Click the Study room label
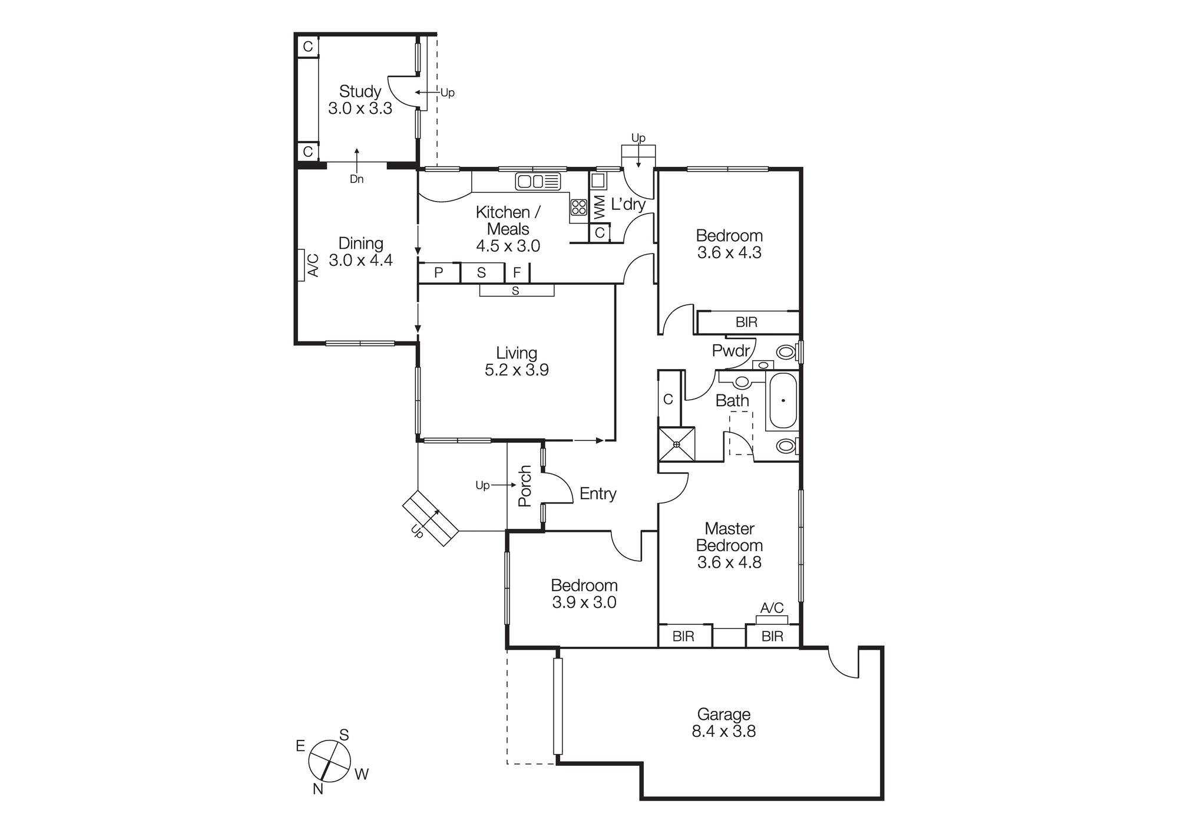(x=360, y=92)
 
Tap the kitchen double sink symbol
(x=537, y=181)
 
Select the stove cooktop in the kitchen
(x=578, y=207)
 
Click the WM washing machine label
(x=599, y=208)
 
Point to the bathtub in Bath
(x=783, y=401)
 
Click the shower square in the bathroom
(x=677, y=444)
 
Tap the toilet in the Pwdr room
(x=786, y=353)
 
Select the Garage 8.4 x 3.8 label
(x=723, y=723)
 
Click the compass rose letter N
(x=318, y=789)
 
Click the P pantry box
(x=438, y=273)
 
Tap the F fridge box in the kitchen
(x=517, y=273)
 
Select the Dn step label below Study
(x=356, y=179)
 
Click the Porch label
(x=524, y=486)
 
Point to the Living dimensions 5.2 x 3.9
(x=517, y=370)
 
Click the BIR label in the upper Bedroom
(x=746, y=322)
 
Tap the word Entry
(x=598, y=494)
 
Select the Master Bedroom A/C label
(x=772, y=608)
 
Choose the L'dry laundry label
(x=628, y=205)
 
